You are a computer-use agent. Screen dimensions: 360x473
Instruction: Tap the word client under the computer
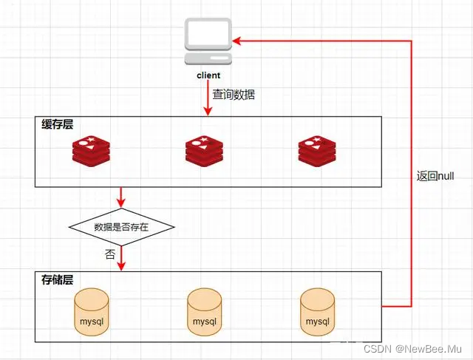208,75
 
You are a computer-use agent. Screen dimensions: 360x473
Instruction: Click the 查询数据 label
234,95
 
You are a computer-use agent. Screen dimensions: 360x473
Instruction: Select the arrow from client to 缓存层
208,99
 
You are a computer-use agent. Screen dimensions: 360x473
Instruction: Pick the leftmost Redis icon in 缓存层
91,151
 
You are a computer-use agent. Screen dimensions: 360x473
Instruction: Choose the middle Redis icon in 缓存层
204,151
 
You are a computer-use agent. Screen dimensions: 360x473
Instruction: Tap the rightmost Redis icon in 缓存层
317,151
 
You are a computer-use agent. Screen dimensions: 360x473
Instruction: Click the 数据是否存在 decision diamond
121,227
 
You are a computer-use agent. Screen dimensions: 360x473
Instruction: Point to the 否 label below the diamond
111,254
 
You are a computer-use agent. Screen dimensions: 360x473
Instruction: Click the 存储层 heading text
58,280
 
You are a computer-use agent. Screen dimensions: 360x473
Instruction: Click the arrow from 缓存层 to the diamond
121,197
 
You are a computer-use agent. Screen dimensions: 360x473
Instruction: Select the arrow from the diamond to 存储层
121,258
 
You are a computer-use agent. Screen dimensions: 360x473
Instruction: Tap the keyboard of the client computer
208,58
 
